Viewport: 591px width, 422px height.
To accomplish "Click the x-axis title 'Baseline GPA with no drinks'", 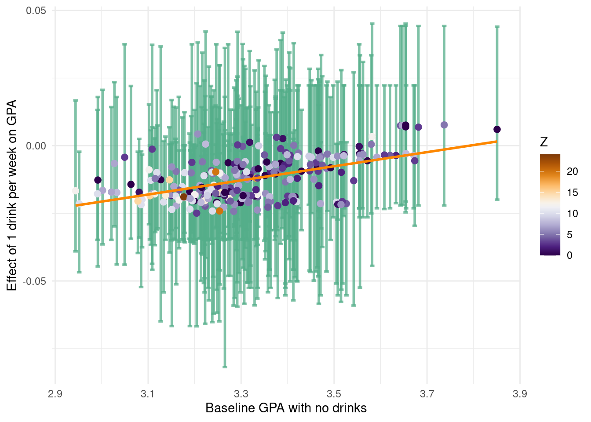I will coord(286,408).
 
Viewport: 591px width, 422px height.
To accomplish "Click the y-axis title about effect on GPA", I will coord(12,195).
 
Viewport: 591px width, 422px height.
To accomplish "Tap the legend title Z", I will coord(544,142).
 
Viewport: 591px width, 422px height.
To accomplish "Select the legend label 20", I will coord(573,171).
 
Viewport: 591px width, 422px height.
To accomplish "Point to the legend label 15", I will coord(573,193).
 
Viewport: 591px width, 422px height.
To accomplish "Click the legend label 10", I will coord(573,214).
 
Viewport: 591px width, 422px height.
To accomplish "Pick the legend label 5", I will coord(570,235).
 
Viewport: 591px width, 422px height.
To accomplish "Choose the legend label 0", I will coord(570,255).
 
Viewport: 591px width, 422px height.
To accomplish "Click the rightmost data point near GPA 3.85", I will coord(497,129).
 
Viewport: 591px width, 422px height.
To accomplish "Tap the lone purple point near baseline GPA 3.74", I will coord(444,125).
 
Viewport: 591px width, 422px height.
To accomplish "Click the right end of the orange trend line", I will coord(496,142).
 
